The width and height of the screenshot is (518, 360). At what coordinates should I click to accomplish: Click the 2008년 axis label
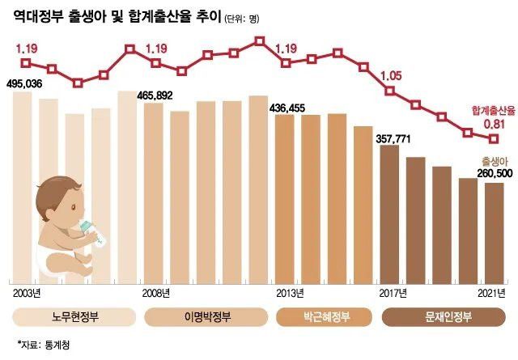coord(156,291)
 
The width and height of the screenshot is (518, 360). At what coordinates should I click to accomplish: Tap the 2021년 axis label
coord(490,291)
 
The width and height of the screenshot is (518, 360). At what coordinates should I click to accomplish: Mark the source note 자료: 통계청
coord(45,343)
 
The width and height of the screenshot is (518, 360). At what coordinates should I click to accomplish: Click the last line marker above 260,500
coord(494,137)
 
